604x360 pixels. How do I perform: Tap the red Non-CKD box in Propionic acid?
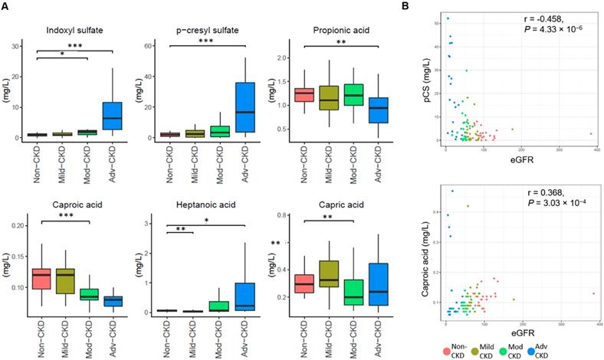(x=304, y=96)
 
